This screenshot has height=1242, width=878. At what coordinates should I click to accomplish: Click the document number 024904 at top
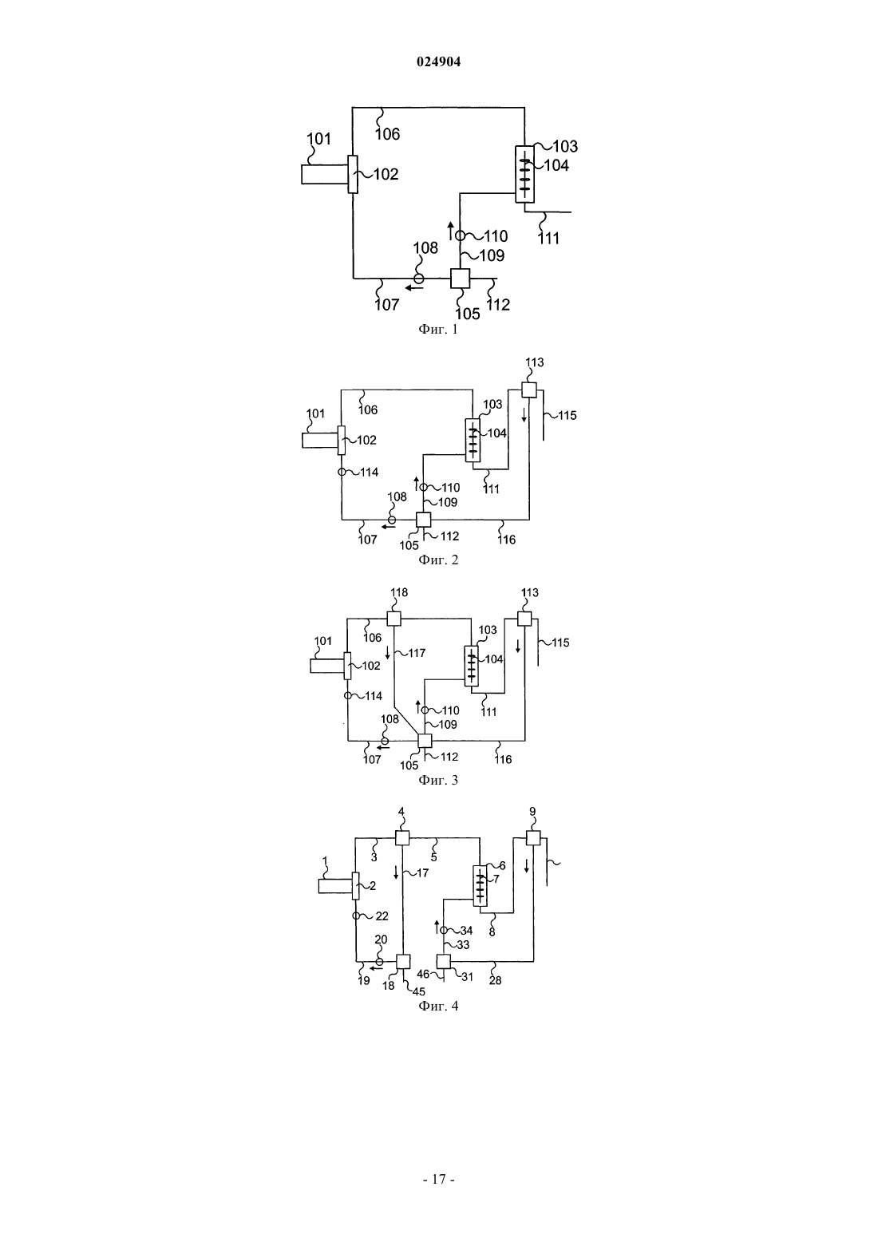pyautogui.click(x=438, y=61)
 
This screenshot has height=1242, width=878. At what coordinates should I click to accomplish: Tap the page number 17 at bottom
pyautogui.click(x=438, y=1179)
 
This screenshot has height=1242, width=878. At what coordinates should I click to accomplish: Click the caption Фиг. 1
pyautogui.click(x=438, y=330)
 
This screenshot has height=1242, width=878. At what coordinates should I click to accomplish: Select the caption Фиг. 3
pyautogui.click(x=438, y=780)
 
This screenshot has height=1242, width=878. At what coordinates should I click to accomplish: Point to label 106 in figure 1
pyautogui.click(x=387, y=133)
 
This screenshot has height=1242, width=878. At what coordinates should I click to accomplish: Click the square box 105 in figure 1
pyautogui.click(x=460, y=279)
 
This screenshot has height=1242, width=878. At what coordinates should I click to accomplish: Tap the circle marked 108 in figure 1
pyautogui.click(x=419, y=279)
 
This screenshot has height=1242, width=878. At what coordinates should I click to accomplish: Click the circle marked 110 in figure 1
pyautogui.click(x=460, y=235)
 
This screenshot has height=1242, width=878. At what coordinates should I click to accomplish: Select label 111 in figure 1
pyautogui.click(x=549, y=239)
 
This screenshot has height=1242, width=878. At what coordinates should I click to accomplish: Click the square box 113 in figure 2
pyautogui.click(x=529, y=390)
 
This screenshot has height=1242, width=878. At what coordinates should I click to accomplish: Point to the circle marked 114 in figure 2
pyautogui.click(x=342, y=472)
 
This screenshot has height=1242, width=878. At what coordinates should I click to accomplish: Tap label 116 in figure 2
pyautogui.click(x=507, y=540)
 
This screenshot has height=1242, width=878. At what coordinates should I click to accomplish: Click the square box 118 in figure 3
pyautogui.click(x=394, y=619)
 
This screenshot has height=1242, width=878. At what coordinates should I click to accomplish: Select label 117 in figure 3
pyautogui.click(x=417, y=653)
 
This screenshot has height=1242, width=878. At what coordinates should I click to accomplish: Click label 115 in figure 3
pyautogui.click(x=560, y=643)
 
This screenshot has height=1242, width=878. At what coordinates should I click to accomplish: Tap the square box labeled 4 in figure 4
pyautogui.click(x=401, y=838)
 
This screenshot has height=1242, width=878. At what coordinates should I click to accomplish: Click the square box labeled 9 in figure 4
pyautogui.click(x=532, y=837)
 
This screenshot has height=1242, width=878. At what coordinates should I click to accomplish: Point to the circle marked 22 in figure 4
pyautogui.click(x=355, y=916)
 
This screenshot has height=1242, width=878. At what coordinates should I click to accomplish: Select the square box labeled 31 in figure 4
pyautogui.click(x=444, y=961)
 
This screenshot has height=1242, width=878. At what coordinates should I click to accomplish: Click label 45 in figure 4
pyautogui.click(x=419, y=991)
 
